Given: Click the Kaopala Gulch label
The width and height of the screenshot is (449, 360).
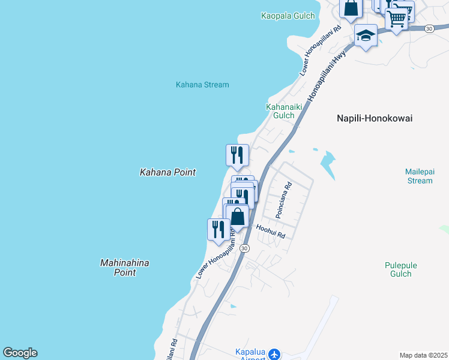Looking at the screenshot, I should pos(287,15).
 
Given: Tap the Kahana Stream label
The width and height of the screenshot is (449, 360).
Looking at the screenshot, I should pos(202,85).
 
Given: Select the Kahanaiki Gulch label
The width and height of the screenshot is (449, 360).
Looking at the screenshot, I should pos(280,111).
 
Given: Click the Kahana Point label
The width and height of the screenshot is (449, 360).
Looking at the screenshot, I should pos(167,172).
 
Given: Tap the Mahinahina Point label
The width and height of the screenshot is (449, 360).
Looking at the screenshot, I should pos(124,268).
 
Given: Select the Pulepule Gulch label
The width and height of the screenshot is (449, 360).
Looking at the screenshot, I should pos(400,269).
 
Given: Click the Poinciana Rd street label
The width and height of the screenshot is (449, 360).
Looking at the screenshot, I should pos(283,200).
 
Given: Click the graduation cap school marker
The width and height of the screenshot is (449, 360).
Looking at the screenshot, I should pos(366,35).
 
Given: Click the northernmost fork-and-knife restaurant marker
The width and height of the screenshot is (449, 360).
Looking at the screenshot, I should pos(237,155).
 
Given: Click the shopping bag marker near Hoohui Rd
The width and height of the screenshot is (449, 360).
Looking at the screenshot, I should pos(238,217).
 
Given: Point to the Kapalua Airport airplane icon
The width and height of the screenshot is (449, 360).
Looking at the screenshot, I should pos(274,354).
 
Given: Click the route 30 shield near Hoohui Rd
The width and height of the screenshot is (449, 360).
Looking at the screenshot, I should pos(244,248).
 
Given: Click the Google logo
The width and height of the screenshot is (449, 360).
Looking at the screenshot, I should pos(20,353).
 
